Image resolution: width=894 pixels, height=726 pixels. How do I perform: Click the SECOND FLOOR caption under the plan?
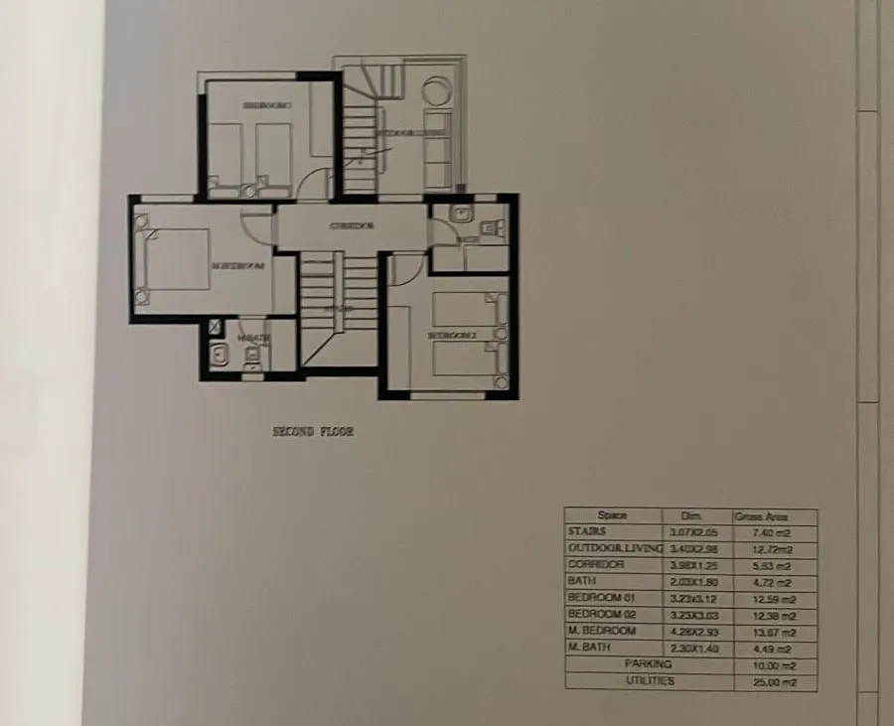click(313, 433)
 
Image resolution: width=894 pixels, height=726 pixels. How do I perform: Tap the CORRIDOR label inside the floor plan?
click(352, 226)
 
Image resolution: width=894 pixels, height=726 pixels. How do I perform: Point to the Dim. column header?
click(691, 516)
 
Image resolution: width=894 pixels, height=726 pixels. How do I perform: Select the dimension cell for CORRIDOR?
click(691, 565)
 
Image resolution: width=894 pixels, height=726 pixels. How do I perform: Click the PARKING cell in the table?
click(648, 664)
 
